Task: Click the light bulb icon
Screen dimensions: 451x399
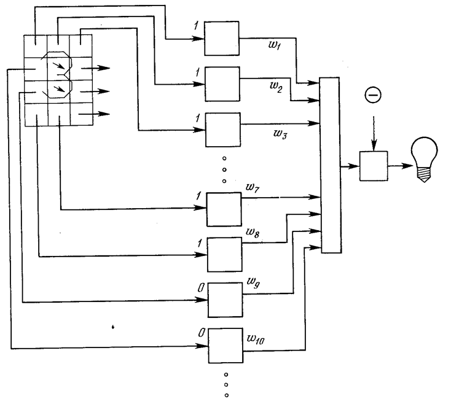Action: [x=424, y=159]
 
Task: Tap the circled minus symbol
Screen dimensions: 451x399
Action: [x=373, y=95]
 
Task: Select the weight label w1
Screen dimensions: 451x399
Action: [x=274, y=45]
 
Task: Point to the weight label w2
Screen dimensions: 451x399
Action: [x=276, y=86]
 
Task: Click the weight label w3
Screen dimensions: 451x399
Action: [x=280, y=134]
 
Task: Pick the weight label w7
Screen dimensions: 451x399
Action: [x=253, y=188]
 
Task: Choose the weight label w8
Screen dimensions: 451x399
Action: [x=253, y=232]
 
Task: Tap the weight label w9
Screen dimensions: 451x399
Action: [x=253, y=282]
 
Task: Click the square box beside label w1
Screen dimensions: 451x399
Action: [x=221, y=38]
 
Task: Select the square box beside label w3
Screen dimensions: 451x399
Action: [x=223, y=130]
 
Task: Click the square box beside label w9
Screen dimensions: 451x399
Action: [x=225, y=300]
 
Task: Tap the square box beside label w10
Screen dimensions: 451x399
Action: [x=225, y=346]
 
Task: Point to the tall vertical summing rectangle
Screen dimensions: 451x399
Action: [x=331, y=165]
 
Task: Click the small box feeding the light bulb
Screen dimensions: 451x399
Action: [x=374, y=166]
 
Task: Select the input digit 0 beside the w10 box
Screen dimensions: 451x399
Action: [x=202, y=333]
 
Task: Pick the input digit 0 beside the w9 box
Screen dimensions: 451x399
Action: [x=202, y=287]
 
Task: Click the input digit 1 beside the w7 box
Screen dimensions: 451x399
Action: [x=198, y=196]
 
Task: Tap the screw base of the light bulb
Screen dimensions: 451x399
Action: [x=424, y=174]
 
